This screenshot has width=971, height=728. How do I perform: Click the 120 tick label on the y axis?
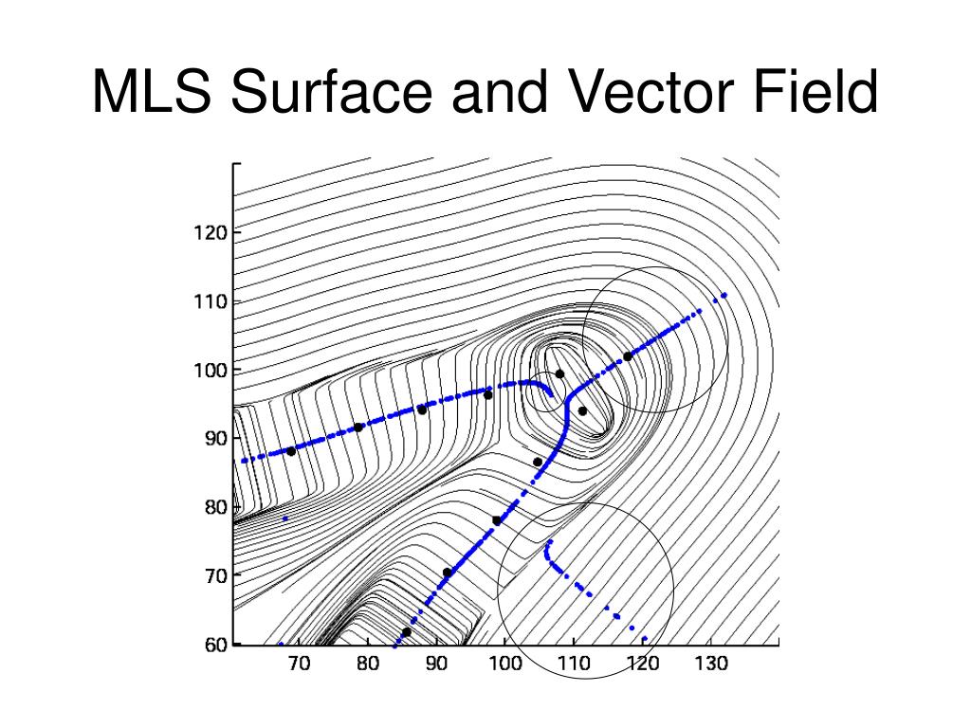(211, 232)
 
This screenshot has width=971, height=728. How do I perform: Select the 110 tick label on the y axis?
(211, 301)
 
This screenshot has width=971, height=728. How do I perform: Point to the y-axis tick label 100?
(211, 370)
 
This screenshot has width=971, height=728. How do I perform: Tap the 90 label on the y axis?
(214, 438)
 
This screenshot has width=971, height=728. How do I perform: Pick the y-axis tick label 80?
(214, 507)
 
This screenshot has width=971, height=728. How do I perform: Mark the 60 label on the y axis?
(214, 645)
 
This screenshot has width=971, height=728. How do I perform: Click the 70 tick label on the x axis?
(299, 664)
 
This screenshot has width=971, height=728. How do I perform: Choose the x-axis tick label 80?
(368, 664)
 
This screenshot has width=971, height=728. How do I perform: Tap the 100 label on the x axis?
(504, 664)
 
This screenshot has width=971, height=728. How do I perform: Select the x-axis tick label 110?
(574, 664)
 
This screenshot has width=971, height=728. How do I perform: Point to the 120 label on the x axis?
(642, 664)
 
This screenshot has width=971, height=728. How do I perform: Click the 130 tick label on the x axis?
(711, 664)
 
